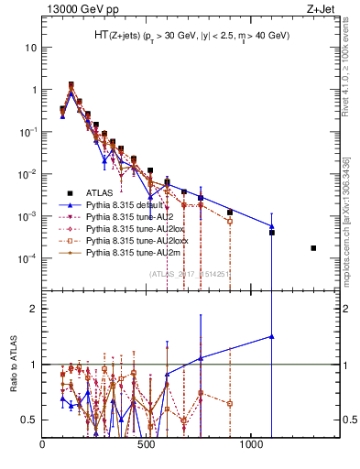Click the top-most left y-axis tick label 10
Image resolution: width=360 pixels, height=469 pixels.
click(28, 47)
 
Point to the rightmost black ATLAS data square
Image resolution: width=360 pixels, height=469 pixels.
click(313, 248)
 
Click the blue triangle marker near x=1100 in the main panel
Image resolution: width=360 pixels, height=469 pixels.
click(272, 226)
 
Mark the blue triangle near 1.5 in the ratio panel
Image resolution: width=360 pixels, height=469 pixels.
click(272, 336)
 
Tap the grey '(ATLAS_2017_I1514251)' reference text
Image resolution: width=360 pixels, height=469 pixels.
click(190, 274)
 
